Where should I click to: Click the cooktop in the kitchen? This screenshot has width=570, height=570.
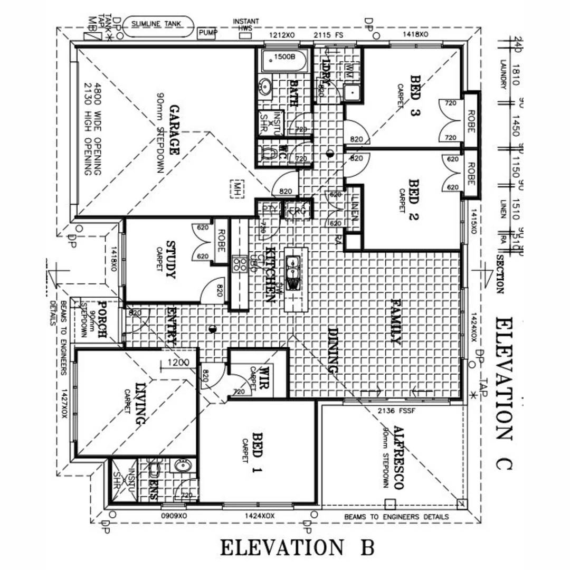click(239, 264)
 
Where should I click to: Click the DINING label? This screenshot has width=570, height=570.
click(333, 350)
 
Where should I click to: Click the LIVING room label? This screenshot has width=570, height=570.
click(140, 404)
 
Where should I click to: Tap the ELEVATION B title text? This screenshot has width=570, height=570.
click(297, 547)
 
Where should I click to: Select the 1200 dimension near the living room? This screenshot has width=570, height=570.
click(178, 363)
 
